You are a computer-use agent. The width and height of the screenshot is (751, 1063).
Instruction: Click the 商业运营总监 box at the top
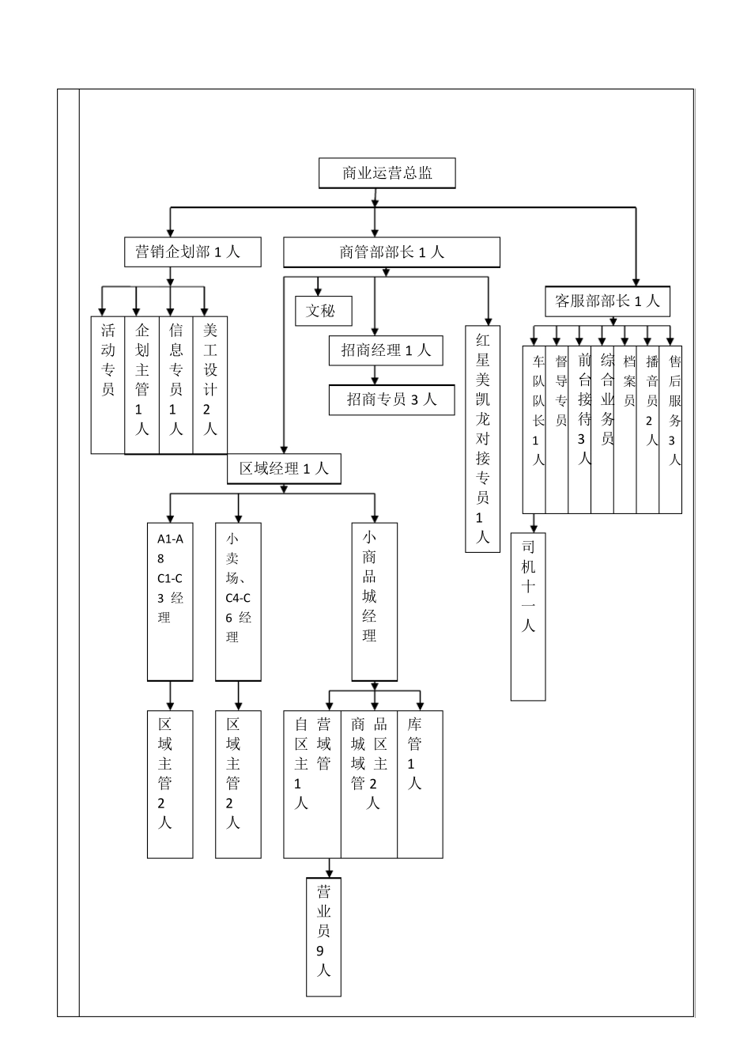[x=387, y=173]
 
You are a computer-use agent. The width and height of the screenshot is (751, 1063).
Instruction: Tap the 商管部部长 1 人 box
[x=391, y=252]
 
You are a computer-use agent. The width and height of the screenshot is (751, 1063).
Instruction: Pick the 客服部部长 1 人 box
[x=607, y=301]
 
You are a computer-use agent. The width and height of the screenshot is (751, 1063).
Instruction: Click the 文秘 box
[x=323, y=311]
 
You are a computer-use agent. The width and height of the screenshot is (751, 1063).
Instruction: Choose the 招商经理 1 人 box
[x=386, y=350]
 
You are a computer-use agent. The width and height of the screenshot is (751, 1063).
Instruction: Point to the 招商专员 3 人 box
[x=392, y=399]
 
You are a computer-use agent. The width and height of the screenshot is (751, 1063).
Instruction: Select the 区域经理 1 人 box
[x=284, y=468]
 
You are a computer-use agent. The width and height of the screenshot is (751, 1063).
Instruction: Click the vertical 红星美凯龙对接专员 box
[x=483, y=438]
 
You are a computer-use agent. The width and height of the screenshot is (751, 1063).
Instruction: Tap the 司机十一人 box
[x=528, y=617]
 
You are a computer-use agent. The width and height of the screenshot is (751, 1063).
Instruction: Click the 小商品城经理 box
[x=374, y=601]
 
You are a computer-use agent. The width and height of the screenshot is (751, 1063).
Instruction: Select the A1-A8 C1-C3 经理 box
[x=170, y=601]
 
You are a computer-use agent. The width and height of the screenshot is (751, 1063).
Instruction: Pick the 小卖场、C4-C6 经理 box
[x=238, y=601]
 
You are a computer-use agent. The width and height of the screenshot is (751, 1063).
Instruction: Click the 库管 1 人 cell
[x=419, y=783]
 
